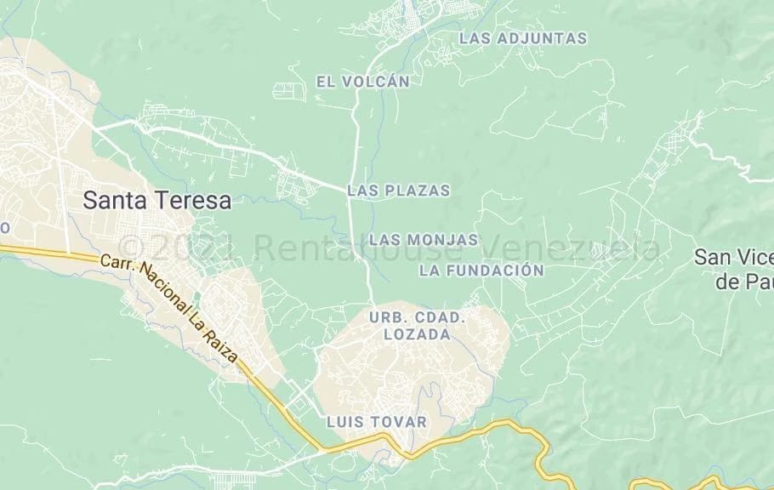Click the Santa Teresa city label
point(157,201)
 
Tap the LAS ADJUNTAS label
point(522,38)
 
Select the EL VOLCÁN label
point(363,82)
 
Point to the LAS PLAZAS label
point(398,191)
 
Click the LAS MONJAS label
point(424,240)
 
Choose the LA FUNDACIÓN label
point(481,271)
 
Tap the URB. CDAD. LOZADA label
point(417,326)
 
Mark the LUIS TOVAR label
point(377,422)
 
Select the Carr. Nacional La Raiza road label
point(170,307)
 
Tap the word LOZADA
point(417,335)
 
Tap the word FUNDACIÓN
point(495,271)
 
